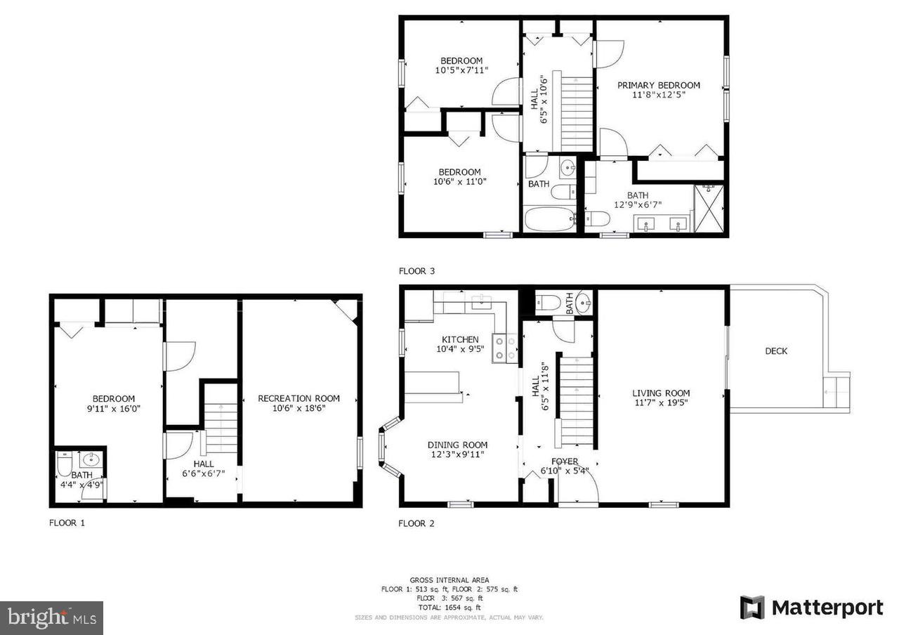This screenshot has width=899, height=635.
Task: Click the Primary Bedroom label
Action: (658, 85)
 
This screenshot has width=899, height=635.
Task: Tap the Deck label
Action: (776, 351)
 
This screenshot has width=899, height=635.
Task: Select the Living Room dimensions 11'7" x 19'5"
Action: (661, 403)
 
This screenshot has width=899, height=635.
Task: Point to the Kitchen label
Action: (460, 339)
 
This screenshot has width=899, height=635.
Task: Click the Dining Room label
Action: (457, 445)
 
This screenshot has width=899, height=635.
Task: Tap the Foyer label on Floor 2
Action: (565, 461)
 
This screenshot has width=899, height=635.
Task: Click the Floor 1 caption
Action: (67, 523)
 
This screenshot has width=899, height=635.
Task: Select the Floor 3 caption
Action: (416, 270)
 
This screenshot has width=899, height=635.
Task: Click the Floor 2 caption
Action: (416, 523)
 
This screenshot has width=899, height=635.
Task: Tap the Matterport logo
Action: (811, 607)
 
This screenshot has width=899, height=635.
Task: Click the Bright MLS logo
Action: (51, 617)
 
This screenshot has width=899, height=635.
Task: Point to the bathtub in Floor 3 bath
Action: (549, 218)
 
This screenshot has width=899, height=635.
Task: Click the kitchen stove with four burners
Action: (504, 348)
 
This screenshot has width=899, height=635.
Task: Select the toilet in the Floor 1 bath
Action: (64, 464)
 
